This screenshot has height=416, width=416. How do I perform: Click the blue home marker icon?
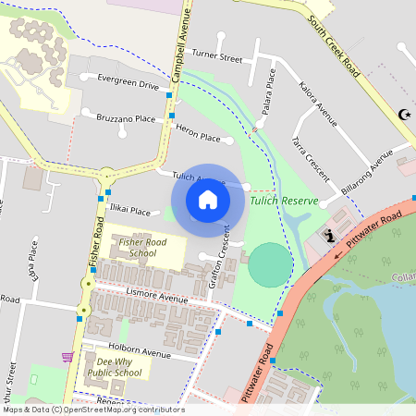tap(208, 200)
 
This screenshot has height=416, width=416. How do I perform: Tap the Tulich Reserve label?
tap(284, 201)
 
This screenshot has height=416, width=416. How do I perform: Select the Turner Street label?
tap(218, 58)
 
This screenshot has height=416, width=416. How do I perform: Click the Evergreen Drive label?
tap(128, 84)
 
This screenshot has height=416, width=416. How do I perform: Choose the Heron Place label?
tap(198, 137)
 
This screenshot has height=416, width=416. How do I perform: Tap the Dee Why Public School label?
tap(115, 367)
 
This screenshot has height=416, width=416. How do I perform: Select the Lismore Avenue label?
tap(157, 299)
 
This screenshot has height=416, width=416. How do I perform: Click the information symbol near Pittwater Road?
tap(330, 236)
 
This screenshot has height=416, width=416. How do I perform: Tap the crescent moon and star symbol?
tap(402, 114)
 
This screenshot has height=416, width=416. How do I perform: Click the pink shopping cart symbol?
tap(67, 356)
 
